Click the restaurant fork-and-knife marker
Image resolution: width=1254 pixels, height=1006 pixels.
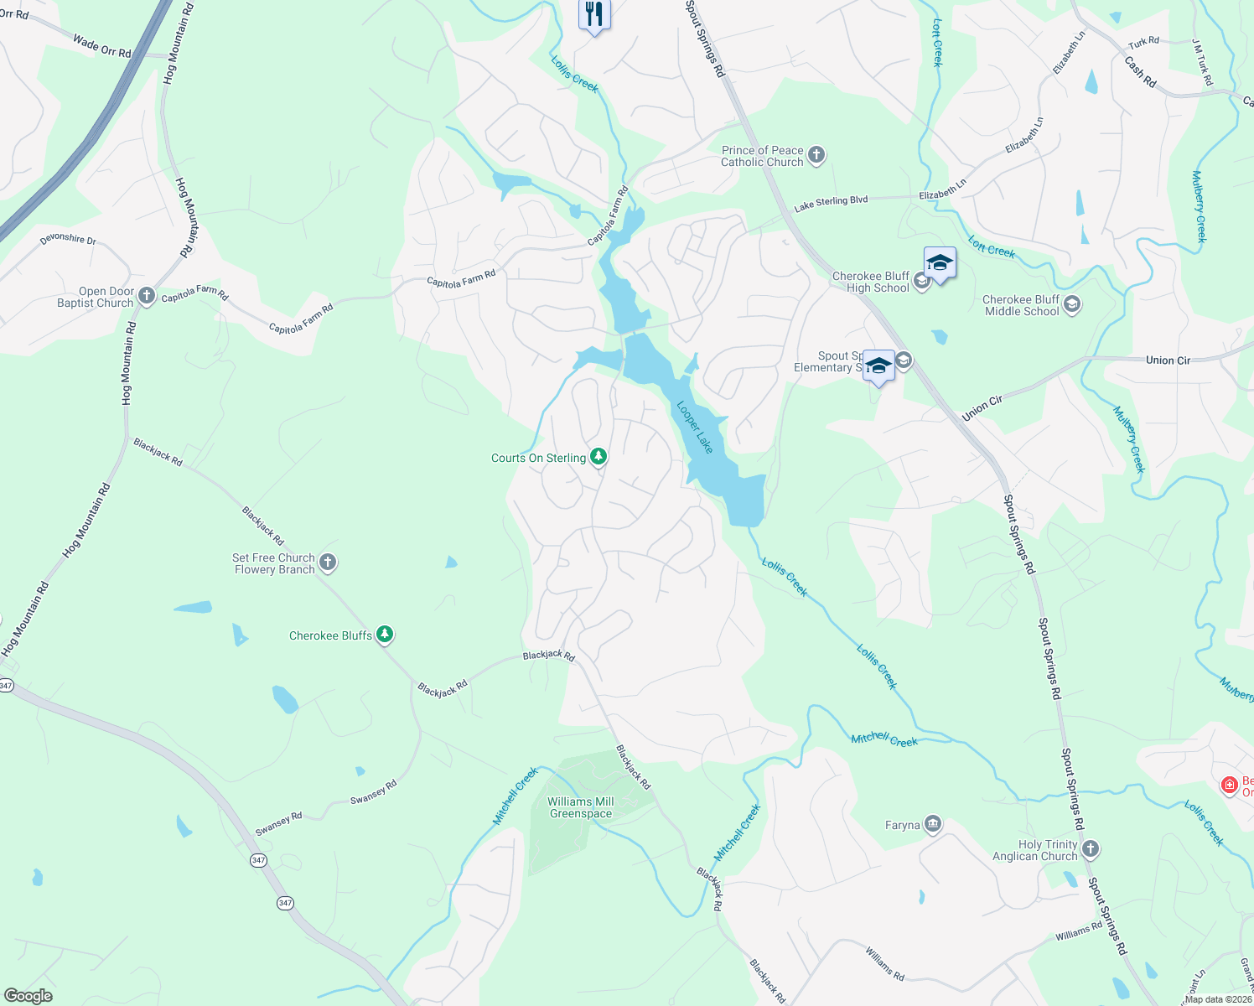(x=594, y=14)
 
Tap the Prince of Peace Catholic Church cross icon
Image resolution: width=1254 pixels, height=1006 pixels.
(x=817, y=155)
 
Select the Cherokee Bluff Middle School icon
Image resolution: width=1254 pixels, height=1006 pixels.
(x=1072, y=305)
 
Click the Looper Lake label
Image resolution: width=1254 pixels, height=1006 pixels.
(x=695, y=428)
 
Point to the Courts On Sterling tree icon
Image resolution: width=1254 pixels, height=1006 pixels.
(x=598, y=457)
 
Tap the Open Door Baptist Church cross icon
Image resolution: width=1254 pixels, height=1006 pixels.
(x=147, y=296)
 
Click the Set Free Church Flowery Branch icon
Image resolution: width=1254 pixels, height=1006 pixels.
(x=329, y=563)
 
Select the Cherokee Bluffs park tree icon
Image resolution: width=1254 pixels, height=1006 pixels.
(x=385, y=635)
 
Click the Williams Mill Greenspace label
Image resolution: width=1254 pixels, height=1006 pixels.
(x=581, y=807)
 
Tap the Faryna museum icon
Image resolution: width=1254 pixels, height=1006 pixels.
(x=933, y=825)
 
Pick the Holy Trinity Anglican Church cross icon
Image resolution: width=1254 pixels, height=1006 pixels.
(x=1091, y=849)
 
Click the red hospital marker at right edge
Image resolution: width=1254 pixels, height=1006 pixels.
(x=1230, y=786)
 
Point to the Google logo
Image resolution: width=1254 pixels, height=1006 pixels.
(x=28, y=996)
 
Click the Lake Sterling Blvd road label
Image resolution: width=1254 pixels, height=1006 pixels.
(x=831, y=204)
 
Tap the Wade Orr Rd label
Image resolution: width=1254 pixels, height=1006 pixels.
(x=102, y=46)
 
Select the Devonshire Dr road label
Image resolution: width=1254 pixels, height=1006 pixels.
(x=68, y=239)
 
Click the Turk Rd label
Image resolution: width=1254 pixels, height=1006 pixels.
(x=1143, y=42)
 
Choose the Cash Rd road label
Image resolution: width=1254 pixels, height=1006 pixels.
(x=1140, y=72)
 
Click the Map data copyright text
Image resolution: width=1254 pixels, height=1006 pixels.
(x=1218, y=999)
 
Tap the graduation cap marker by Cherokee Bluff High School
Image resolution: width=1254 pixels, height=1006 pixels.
(x=940, y=263)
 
